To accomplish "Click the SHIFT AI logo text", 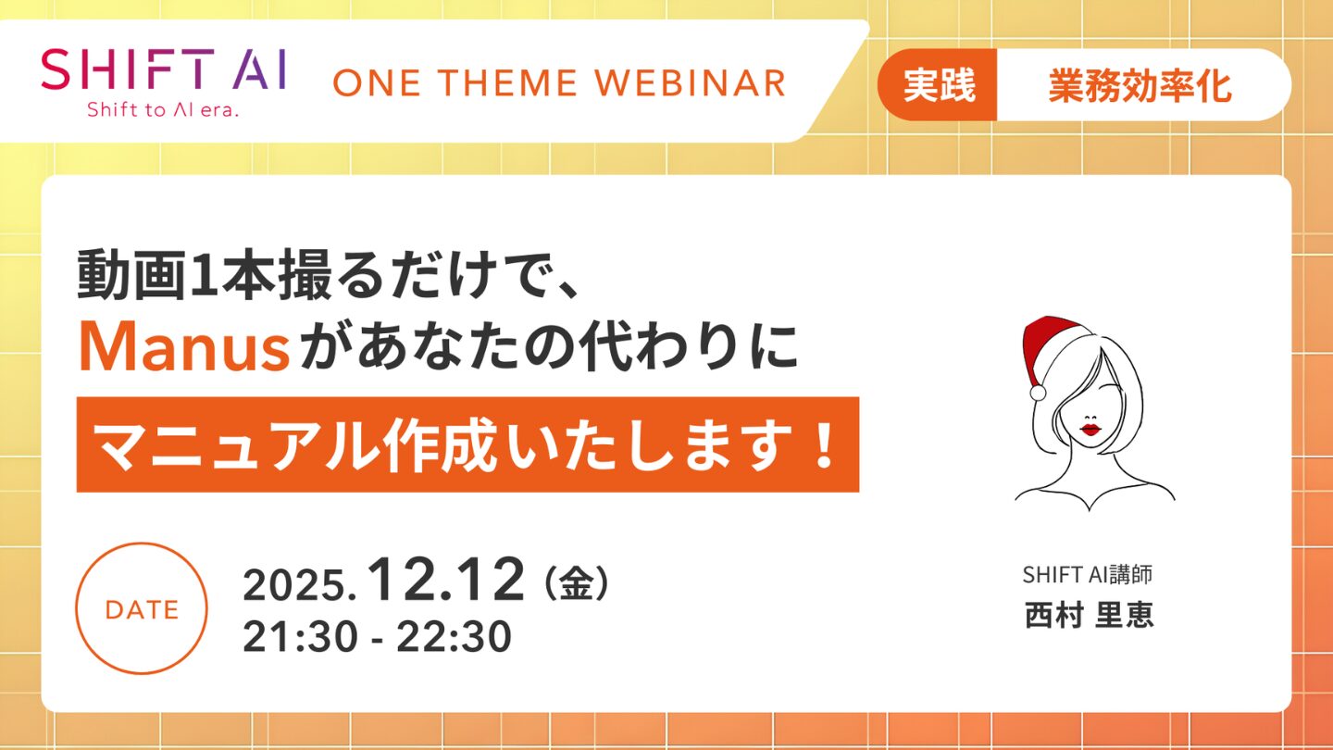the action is pyautogui.click(x=164, y=69).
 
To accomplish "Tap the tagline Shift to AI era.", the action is pyautogui.click(x=163, y=109).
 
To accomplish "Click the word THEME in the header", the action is pyautogui.click(x=509, y=82).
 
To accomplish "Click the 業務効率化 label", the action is pyautogui.click(x=1140, y=86).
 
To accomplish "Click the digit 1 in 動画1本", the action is pyautogui.click(x=203, y=274).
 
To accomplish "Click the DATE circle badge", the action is pyautogui.click(x=142, y=608).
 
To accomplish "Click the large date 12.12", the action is pyautogui.click(x=446, y=580).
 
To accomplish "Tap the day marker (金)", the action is pyautogui.click(x=576, y=582).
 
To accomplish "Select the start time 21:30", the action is pyautogui.click(x=300, y=637).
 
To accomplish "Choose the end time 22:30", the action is pyautogui.click(x=454, y=637).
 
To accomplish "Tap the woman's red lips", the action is pyautogui.click(x=1090, y=429).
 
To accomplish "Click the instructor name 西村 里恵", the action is pyautogui.click(x=1089, y=614).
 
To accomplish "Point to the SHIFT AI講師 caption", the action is pyautogui.click(x=1087, y=574).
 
